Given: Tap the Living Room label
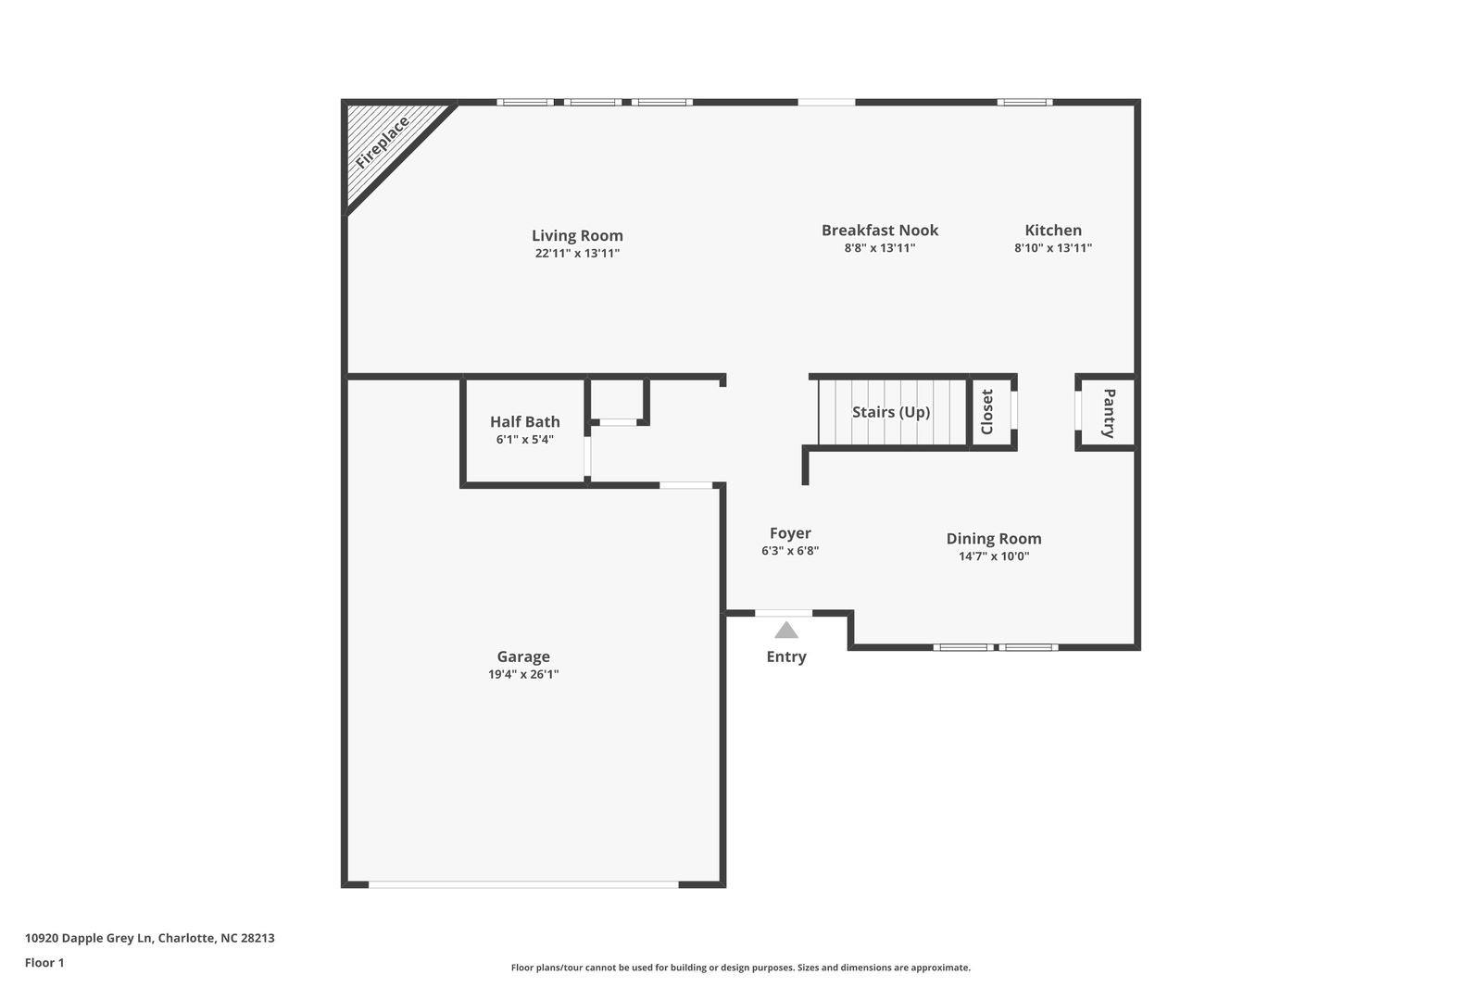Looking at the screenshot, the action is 577,235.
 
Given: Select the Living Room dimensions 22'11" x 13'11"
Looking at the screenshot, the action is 577,254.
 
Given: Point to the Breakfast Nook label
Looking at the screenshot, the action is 879,231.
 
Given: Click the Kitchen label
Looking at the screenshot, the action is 1052,231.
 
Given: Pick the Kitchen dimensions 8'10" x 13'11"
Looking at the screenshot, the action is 1052,248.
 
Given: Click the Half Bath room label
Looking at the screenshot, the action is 524,421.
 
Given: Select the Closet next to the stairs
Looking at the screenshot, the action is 990,412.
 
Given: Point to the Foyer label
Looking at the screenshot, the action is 790,533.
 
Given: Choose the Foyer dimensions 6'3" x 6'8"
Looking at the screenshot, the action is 790,551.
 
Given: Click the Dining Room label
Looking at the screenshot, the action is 994,539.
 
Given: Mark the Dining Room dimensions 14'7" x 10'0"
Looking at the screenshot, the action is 994,556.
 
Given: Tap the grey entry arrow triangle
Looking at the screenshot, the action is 786,631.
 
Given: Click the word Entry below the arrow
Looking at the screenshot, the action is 786,656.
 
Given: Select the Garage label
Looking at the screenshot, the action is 523,656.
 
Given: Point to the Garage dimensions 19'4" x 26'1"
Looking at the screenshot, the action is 523,675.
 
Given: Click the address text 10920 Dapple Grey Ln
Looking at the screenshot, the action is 89,938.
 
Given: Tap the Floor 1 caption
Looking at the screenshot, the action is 44,963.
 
